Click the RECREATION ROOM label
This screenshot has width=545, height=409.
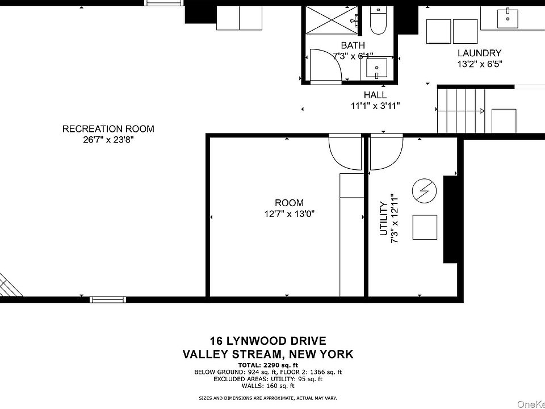(108, 129)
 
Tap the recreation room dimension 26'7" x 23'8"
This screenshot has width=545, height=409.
(108, 140)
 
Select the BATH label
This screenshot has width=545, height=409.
(353, 45)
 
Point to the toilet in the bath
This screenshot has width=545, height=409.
(378, 20)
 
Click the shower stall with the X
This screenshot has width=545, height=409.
(332, 20)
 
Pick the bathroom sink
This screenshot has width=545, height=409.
(376, 68)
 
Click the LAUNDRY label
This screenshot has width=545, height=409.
(479, 53)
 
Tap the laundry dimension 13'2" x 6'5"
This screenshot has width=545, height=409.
(480, 64)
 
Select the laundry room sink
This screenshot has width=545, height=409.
(508, 18)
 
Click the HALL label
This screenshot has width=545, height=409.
(375, 95)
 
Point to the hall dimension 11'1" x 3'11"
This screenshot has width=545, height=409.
(375, 106)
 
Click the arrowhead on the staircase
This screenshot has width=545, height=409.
(483, 111)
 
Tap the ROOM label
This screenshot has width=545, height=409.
(289, 203)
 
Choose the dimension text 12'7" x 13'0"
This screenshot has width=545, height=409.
(289, 214)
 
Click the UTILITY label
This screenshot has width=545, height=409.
(383, 218)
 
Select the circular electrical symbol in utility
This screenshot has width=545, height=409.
(425, 191)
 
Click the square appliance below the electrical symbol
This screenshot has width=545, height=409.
(425, 227)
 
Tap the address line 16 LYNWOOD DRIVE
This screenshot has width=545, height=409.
(267, 340)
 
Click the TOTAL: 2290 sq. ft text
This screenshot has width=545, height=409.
(267, 365)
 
